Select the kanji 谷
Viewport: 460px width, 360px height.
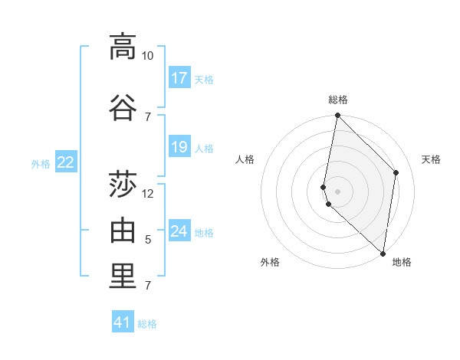(122, 106)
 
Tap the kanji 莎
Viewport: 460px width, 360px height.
(122, 184)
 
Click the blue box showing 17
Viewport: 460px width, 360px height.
(179, 78)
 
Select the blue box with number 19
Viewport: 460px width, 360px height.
(179, 147)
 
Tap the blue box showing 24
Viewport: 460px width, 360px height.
(179, 231)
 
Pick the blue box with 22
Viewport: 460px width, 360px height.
(66, 162)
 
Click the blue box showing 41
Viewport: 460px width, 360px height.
(123, 323)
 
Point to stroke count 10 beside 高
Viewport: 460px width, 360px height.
(147, 55)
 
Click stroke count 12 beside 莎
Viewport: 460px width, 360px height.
(148, 193)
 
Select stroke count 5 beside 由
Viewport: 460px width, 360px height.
(148, 240)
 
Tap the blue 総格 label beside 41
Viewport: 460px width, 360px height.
(147, 324)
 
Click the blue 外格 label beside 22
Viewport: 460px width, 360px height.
(41, 163)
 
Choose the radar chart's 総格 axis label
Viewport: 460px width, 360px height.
(338, 100)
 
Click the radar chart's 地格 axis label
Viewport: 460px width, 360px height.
(402, 262)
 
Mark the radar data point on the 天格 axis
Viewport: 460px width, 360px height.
(396, 172)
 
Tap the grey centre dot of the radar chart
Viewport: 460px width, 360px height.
(338, 191)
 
